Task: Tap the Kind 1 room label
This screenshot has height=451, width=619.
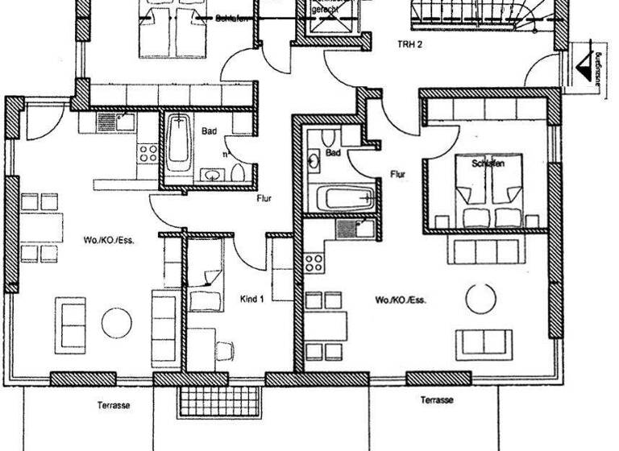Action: [252, 299]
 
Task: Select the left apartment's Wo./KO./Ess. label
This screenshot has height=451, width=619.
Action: [106, 240]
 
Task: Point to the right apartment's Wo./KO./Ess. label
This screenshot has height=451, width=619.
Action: [400, 300]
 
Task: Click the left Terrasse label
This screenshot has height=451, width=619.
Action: [114, 406]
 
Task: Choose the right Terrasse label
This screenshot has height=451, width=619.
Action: [436, 400]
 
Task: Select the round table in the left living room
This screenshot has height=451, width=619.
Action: [117, 324]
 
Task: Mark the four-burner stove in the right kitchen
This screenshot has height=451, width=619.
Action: [314, 263]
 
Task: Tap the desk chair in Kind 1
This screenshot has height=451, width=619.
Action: [225, 351]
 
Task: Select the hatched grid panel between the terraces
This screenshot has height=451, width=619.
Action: [218, 398]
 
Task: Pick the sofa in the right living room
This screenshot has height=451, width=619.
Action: [484, 343]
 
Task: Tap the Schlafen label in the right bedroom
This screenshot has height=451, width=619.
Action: [488, 163]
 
